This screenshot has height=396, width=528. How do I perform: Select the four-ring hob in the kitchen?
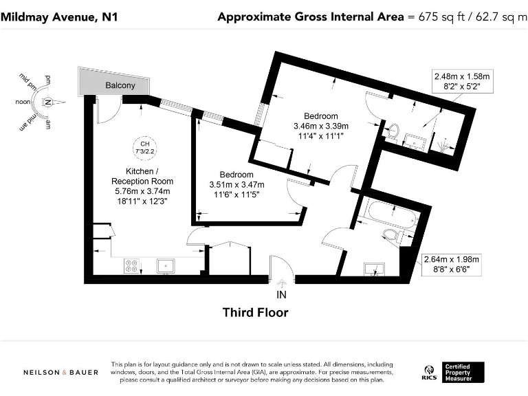click(131, 265)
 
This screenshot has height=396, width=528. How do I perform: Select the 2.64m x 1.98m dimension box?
click(451, 264)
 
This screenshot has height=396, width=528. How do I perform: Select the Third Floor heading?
click(255, 313)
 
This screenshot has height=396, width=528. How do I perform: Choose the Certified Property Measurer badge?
click(464, 372)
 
